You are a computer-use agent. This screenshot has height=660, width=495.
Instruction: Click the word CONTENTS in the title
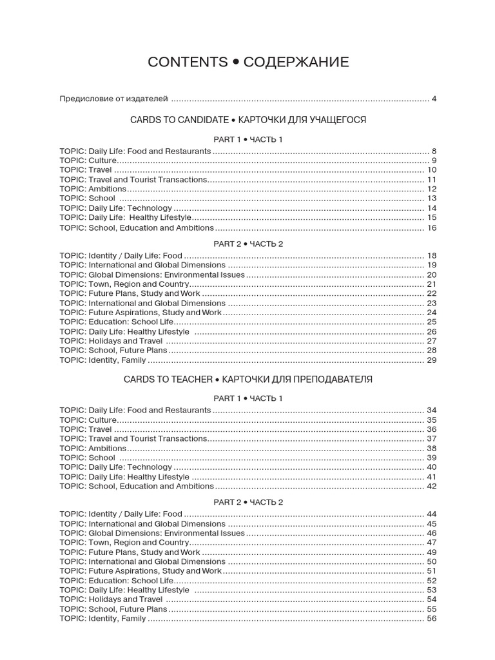[188, 62]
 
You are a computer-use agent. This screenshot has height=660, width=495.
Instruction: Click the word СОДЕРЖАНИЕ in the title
[296, 62]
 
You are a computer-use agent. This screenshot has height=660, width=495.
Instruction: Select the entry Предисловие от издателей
[113, 99]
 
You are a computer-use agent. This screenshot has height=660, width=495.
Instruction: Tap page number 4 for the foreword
[434, 99]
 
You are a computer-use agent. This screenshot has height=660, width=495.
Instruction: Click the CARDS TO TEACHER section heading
[166, 379]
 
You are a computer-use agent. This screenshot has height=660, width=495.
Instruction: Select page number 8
[434, 151]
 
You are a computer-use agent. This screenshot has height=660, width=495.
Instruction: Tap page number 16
[431, 228]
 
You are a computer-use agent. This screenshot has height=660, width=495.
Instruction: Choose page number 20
[431, 275]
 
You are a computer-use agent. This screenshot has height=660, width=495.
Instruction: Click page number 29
[431, 360]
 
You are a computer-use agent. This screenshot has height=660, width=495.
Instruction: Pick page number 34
[431, 410]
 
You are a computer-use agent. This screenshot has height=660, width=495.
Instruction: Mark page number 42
[431, 486]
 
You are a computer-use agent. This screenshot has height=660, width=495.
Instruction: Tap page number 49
[431, 552]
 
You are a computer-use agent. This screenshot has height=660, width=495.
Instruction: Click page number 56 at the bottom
[431, 619]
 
